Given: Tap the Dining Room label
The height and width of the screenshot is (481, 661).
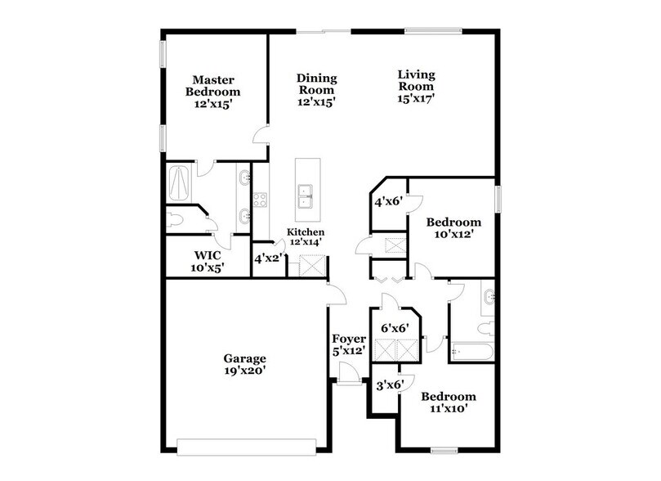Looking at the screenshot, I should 316,90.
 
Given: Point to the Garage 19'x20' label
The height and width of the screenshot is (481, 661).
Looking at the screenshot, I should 245,364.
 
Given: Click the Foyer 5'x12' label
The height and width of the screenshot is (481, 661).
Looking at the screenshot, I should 348,344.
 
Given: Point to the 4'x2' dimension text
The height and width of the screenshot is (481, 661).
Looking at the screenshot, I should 269,258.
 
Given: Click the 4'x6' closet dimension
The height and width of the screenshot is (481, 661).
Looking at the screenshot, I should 388,201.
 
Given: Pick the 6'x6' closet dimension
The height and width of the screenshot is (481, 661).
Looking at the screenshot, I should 395,328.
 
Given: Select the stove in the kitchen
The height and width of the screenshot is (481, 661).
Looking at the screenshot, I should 261,201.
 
